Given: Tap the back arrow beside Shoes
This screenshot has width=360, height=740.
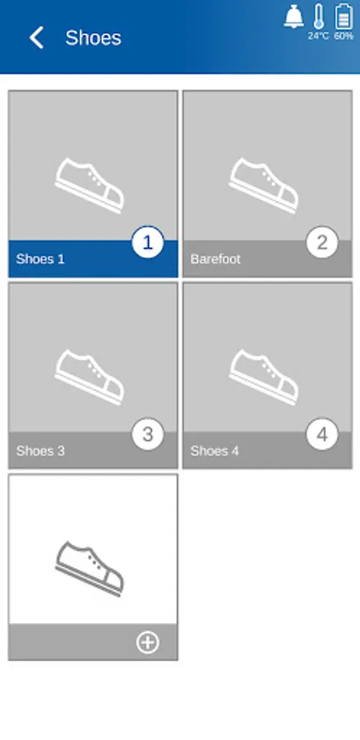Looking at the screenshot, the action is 36,38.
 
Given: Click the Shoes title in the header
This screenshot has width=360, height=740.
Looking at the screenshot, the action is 93,38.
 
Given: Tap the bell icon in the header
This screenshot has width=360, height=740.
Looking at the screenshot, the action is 293,16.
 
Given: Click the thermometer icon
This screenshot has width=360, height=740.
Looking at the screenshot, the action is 319,16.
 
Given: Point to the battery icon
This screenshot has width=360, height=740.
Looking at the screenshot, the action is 344,16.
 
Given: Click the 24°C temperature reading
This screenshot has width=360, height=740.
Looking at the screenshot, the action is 318,36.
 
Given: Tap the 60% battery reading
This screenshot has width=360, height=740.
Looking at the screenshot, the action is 344,36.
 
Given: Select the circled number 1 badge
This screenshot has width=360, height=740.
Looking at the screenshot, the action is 148,243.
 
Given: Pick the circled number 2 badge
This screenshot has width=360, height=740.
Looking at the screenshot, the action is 322,243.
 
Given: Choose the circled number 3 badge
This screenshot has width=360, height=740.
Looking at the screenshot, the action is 148,435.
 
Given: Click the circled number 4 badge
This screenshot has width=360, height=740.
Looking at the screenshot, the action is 322,435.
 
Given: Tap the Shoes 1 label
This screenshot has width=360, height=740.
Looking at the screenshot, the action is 40,259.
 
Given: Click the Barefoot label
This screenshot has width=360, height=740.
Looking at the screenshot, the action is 215,259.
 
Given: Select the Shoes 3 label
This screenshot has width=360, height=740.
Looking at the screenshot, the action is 40,451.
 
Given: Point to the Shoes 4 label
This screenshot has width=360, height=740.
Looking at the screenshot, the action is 215,451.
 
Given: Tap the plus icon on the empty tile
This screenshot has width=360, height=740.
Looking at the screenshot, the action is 148,642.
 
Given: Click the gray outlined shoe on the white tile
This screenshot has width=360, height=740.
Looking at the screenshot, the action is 89,569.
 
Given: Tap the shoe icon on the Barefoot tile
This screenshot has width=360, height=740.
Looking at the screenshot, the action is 264,186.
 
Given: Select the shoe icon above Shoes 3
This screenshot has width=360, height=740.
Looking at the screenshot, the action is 89,377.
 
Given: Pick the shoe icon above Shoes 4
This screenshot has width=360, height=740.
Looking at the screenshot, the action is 264,377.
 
